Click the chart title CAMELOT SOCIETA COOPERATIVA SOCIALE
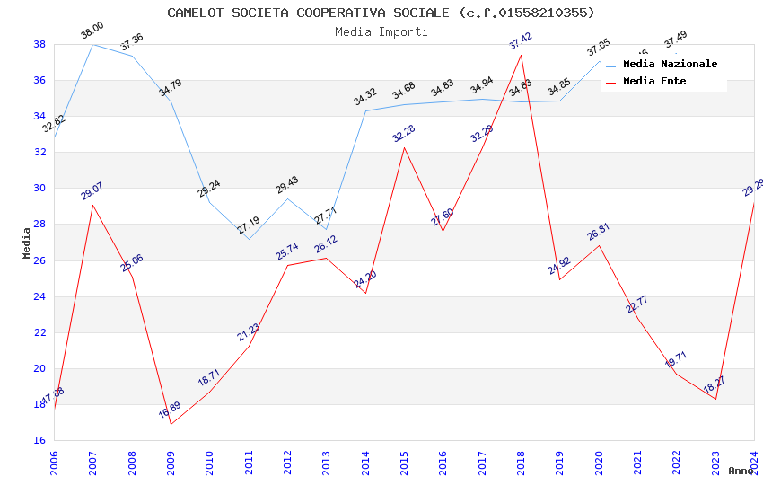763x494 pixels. pyautogui.click(x=381, y=13)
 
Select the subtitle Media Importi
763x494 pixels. pyautogui.click(x=381, y=31)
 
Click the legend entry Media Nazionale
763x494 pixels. pyautogui.click(x=670, y=64)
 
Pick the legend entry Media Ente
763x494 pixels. pyautogui.click(x=654, y=81)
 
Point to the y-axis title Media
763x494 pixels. pyautogui.click(x=26, y=243)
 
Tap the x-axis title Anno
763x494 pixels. pyautogui.click(x=741, y=471)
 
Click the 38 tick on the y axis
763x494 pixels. pyautogui.click(x=39, y=44)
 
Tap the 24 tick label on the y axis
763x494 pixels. pyautogui.click(x=39, y=296)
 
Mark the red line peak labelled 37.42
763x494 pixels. pyautogui.click(x=521, y=55)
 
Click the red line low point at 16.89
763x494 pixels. pyautogui.click(x=171, y=424)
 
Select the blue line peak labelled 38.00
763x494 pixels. pyautogui.click(x=92, y=44)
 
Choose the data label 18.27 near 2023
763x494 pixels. pyautogui.click(x=714, y=384)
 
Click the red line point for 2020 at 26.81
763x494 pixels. pyautogui.click(x=599, y=245)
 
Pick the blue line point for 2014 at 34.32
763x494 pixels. pyautogui.click(x=365, y=110)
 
